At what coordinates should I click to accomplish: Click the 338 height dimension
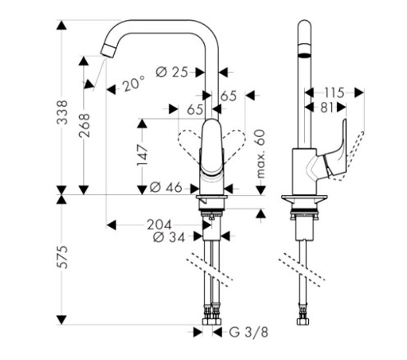tap(62, 112)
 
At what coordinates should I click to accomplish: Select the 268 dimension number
tap(84, 126)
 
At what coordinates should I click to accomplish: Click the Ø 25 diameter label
tap(172, 72)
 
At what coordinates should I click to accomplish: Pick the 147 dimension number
tap(142, 155)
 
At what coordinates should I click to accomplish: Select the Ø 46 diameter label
tap(166, 187)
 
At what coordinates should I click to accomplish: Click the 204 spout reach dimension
tap(159, 225)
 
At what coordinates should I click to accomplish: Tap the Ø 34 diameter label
tap(169, 237)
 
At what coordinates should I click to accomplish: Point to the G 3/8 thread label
tap(248, 332)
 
